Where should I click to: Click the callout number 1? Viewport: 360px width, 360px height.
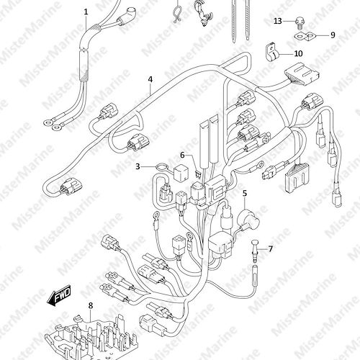(x=86, y=12)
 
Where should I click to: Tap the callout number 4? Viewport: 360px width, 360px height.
(x=150, y=79)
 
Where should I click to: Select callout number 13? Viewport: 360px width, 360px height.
(x=278, y=21)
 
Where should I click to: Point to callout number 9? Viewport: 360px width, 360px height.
(x=333, y=35)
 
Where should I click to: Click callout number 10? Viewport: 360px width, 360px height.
(x=298, y=53)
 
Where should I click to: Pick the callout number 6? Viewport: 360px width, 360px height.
(x=182, y=156)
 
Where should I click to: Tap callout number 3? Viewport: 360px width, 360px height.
(x=138, y=166)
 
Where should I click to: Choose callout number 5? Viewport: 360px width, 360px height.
(x=245, y=193)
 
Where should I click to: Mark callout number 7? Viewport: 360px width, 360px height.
(x=271, y=249)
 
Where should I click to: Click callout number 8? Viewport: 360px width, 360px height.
(x=91, y=305)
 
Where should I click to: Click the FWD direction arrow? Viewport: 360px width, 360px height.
(x=59, y=296)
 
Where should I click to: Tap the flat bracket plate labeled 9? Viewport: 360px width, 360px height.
(x=305, y=36)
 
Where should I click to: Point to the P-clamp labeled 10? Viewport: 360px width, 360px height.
(x=271, y=53)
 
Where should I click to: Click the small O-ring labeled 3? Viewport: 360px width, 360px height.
(x=161, y=166)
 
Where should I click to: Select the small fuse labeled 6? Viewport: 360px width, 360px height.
(x=198, y=174)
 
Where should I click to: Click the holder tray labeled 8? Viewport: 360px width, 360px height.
(x=91, y=338)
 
